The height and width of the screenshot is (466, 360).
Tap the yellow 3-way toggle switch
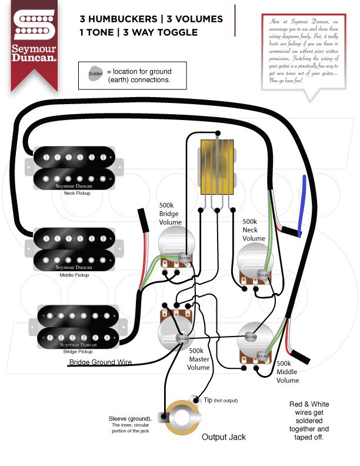tap(217, 167)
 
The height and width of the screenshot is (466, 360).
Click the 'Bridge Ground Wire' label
tap(101, 362)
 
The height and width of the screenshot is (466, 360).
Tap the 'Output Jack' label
tap(224, 437)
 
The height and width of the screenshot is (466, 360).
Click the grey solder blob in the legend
tap(95, 74)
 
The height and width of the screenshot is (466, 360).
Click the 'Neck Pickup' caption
tap(78, 194)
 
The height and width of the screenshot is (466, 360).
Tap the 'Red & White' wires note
tap(309, 404)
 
